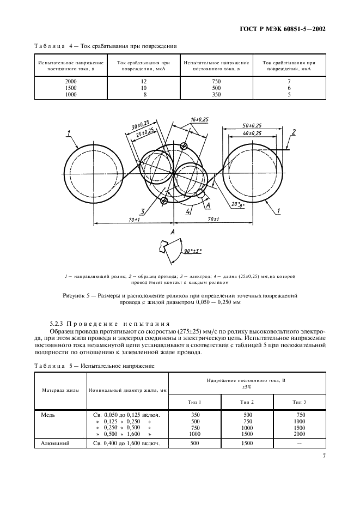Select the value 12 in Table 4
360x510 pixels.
click(x=144, y=81)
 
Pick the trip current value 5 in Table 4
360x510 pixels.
click(x=289, y=94)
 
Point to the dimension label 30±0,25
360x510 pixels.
click(x=141, y=126)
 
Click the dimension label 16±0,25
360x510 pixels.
click(x=199, y=119)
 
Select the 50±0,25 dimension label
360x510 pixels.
click(x=252, y=125)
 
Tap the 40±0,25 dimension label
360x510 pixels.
click(x=252, y=133)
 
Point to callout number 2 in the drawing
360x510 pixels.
click(x=294, y=132)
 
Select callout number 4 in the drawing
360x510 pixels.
click(x=187, y=211)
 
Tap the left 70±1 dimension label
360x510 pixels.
click(x=133, y=219)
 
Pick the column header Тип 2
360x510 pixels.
click(x=247, y=402)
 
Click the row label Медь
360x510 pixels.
click(x=50, y=415)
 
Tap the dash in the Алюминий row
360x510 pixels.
click(x=299, y=444)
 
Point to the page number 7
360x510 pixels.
click(x=324, y=457)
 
